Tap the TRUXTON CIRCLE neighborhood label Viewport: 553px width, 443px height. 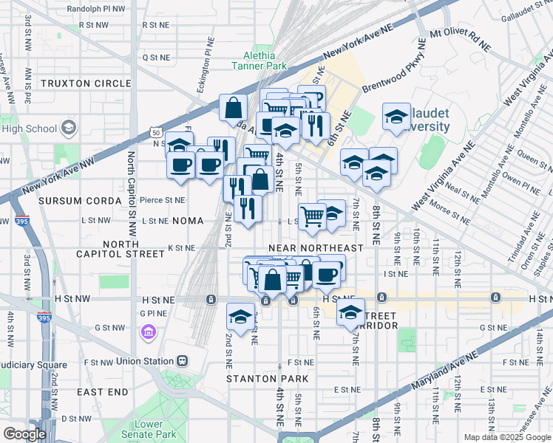coord(85,83)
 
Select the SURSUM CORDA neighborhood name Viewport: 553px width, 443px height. coord(79,201)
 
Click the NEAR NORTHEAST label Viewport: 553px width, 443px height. coord(316,248)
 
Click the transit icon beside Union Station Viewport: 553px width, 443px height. coord(182,362)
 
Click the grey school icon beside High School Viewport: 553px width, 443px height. coord(69,128)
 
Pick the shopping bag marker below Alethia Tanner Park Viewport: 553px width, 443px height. coord(234,108)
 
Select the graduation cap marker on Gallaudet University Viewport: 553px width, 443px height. coord(396,117)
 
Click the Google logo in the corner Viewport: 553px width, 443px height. coord(24,434)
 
